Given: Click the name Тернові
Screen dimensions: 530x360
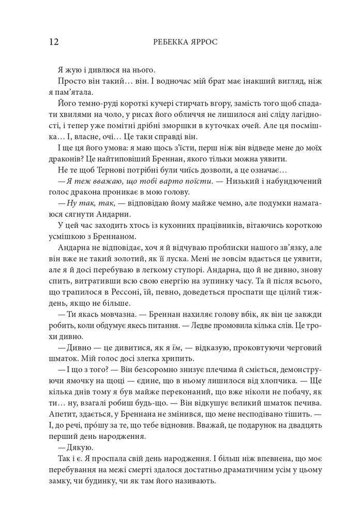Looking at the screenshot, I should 112,170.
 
